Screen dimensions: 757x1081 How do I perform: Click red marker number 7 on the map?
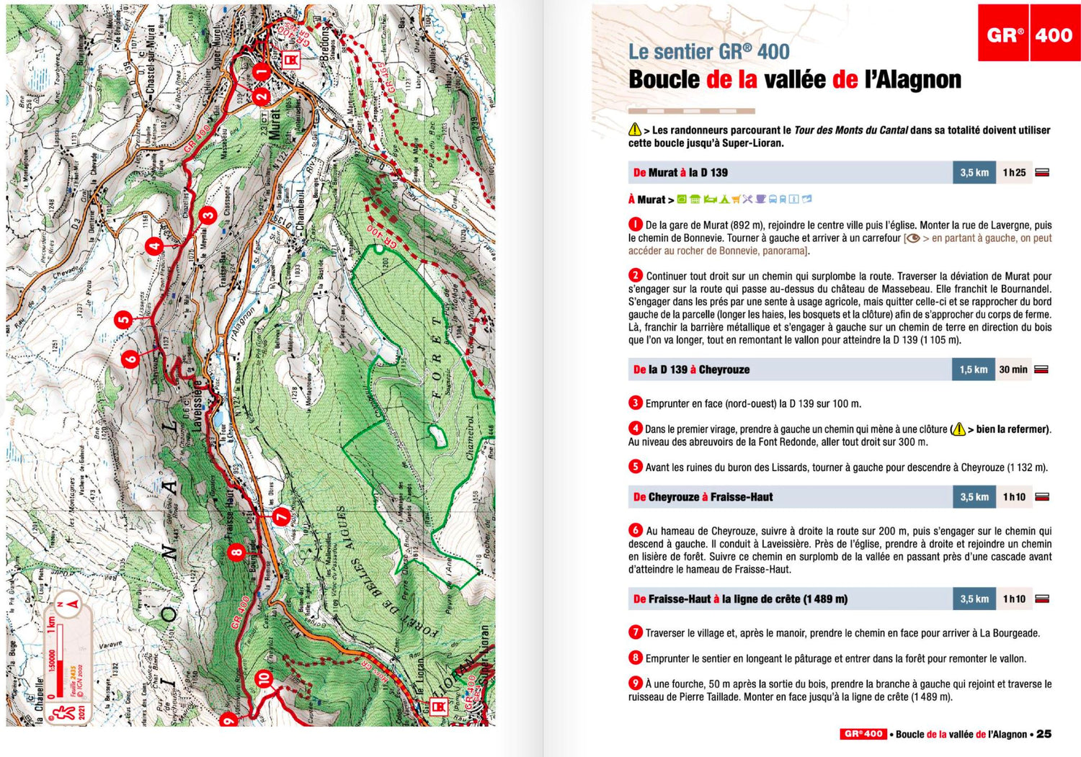click(x=281, y=516)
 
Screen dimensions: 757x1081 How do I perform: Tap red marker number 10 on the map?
click(x=264, y=678)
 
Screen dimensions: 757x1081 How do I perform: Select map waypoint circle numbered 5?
click(x=124, y=320)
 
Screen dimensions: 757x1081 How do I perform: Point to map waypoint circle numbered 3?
click(x=208, y=215)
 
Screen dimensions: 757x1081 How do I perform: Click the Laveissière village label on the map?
click(x=197, y=406)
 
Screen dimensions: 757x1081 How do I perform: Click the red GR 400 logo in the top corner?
click(x=1028, y=34)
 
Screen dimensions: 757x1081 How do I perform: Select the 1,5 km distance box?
click(x=973, y=369)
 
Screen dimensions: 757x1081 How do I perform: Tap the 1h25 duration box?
click(x=1014, y=173)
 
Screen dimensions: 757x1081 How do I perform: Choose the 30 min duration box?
click(x=1013, y=369)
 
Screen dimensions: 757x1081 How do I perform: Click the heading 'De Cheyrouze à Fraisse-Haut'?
click(x=703, y=497)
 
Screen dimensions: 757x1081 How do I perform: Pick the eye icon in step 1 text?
click(x=912, y=238)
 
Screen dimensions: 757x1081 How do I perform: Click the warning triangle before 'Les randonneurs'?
click(x=634, y=130)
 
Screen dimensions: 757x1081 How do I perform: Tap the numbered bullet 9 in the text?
click(x=635, y=684)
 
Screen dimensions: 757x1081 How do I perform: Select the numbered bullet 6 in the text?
click(x=635, y=530)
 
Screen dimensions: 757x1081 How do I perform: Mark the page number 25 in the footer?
click(x=1044, y=734)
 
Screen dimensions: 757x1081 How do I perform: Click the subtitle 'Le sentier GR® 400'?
click(x=708, y=52)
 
